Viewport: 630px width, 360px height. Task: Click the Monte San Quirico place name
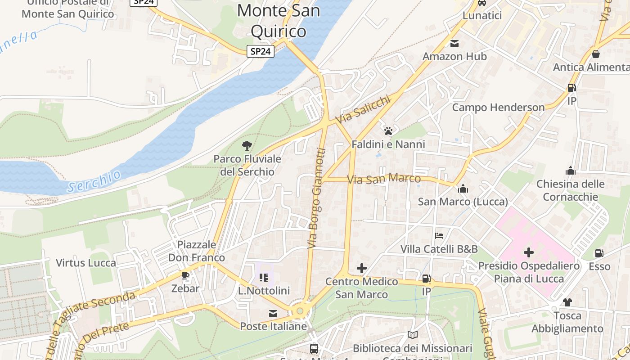pyautogui.click(x=279, y=21)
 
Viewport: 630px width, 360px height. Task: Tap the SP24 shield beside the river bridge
pyautogui.click(x=261, y=51)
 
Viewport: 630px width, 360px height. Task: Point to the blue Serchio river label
pyautogui.click(x=94, y=181)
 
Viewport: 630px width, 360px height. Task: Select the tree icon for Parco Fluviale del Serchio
pyautogui.click(x=247, y=145)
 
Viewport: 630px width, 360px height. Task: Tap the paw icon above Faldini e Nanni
pyautogui.click(x=388, y=131)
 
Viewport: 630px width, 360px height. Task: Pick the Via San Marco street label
pyautogui.click(x=383, y=179)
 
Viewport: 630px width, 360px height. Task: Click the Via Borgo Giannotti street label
pyautogui.click(x=316, y=198)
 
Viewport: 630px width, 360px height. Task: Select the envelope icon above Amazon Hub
pyautogui.click(x=454, y=44)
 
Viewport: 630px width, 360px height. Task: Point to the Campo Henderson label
pyautogui.click(x=498, y=108)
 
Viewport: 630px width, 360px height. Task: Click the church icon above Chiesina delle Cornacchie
pyautogui.click(x=570, y=171)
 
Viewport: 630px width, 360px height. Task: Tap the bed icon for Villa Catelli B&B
pyautogui.click(x=439, y=236)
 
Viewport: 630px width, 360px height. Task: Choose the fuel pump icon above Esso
pyautogui.click(x=599, y=254)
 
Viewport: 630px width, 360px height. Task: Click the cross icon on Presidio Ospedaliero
pyautogui.click(x=529, y=252)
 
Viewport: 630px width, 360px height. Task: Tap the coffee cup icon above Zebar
pyautogui.click(x=185, y=275)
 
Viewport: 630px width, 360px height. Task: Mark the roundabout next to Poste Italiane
pyautogui.click(x=300, y=311)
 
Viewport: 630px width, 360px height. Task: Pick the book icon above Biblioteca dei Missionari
pyautogui.click(x=412, y=335)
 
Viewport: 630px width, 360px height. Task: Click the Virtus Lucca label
pyautogui.click(x=86, y=263)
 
